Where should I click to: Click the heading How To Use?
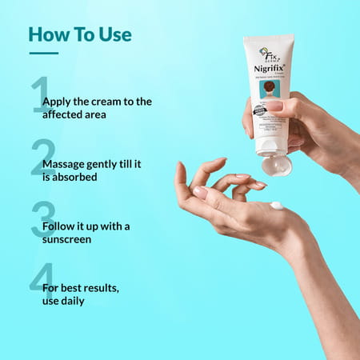[x=80, y=34]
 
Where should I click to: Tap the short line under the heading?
[x=43, y=54]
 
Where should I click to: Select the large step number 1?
[x=39, y=96]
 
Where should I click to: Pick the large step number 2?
[x=42, y=157]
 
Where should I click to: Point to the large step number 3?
[x=42, y=219]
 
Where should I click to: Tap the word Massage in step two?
[x=67, y=163]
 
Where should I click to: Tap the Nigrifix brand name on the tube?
[x=270, y=69]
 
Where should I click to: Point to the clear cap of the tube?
[x=276, y=164]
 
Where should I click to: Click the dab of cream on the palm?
[x=277, y=206]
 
